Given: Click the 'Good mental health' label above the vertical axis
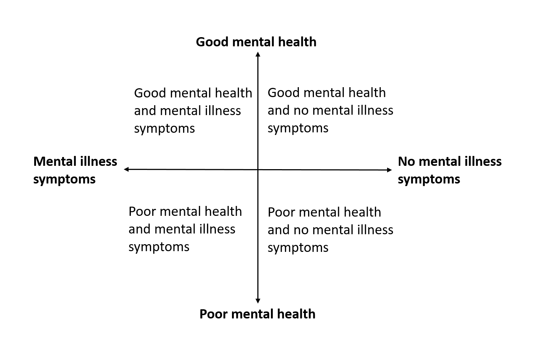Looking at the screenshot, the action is [256, 42].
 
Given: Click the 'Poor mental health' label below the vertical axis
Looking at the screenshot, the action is [257, 314].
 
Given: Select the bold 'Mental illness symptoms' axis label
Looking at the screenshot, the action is [75, 170].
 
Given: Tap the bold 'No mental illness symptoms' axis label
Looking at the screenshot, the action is [449, 170].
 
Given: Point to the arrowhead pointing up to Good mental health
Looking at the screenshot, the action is [258, 54].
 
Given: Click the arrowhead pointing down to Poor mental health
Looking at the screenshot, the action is [258, 300].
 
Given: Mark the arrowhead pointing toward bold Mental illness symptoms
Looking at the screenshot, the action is [126, 169].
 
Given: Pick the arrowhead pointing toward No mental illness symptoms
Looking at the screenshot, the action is [390, 170].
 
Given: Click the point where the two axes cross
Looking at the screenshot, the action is [258, 170].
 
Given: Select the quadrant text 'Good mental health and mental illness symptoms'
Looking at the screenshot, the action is [193, 111].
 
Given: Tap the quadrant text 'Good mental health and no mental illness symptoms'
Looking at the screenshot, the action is [330, 110].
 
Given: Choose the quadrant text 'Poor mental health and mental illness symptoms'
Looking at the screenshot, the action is [185, 229].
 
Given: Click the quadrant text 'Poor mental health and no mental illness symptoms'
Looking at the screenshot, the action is [330, 230].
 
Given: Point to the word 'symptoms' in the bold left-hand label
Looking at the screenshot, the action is [64, 179].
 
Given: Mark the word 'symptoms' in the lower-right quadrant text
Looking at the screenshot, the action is [298, 247].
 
